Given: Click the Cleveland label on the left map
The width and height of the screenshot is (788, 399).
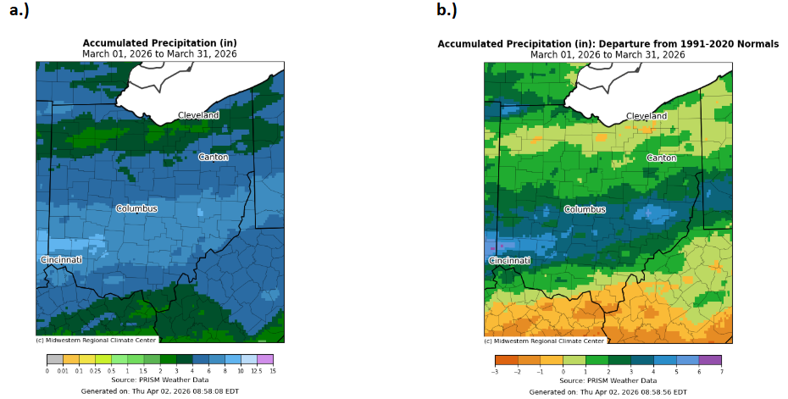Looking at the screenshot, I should (x=198, y=115).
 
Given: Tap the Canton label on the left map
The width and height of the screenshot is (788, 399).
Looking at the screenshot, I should (x=213, y=157).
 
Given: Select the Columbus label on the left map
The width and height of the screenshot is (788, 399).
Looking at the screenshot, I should (x=136, y=208).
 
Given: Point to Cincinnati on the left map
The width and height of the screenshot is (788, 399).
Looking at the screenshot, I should (x=62, y=259).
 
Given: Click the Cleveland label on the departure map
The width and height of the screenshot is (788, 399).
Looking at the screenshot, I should (x=646, y=116).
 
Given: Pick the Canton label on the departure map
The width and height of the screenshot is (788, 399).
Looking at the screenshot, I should (x=661, y=158).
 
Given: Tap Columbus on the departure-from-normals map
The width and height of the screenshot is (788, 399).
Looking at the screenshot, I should (x=585, y=209).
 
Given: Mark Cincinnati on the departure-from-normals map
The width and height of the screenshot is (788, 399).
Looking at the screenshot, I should (x=510, y=260).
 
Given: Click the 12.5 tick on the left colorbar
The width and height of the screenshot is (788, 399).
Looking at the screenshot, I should (x=257, y=372).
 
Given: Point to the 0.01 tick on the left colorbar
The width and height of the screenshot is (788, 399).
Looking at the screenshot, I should (x=64, y=372).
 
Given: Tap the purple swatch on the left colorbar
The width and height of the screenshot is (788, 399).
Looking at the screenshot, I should (x=265, y=359).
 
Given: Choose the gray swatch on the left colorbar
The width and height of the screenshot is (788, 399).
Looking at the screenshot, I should (x=55, y=359).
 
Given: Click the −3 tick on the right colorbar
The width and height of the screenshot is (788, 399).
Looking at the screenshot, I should (x=496, y=372).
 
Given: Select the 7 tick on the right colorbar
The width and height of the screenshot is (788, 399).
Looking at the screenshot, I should (x=721, y=372).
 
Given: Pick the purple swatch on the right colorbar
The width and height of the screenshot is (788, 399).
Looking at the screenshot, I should (x=710, y=359).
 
